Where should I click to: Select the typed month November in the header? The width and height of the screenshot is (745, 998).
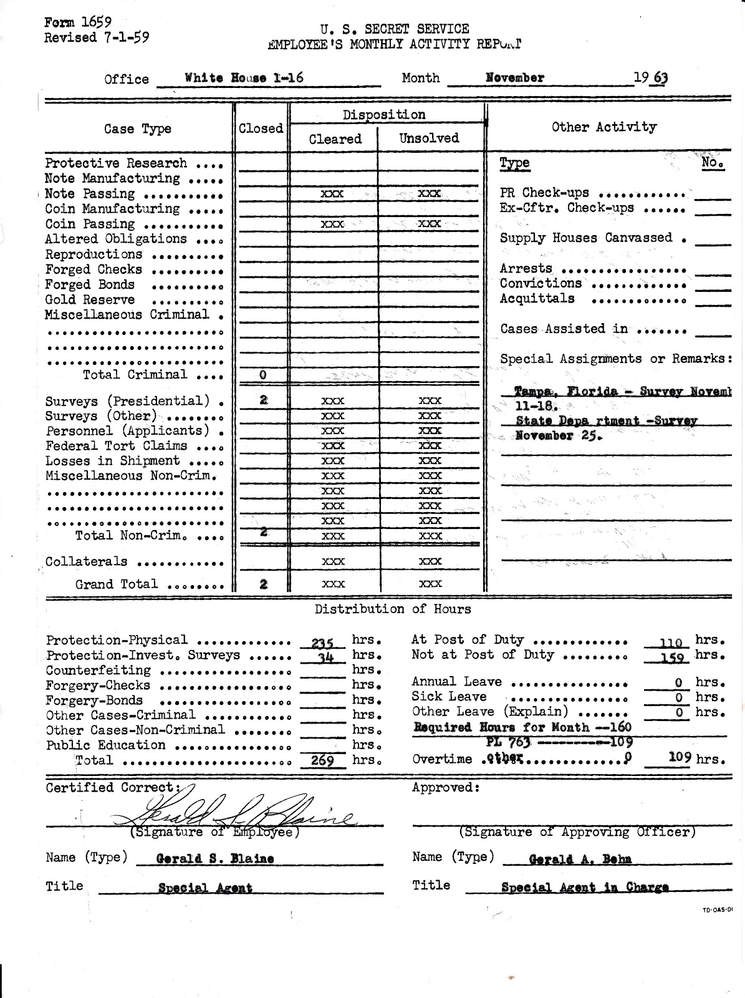[515, 78]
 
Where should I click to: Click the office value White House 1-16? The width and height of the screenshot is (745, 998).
[244, 78]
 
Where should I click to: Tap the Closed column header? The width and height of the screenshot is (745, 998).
[261, 128]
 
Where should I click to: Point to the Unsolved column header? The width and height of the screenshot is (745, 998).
[429, 138]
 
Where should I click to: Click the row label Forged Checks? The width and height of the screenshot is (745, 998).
[94, 269]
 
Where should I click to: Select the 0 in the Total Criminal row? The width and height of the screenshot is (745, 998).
[262, 375]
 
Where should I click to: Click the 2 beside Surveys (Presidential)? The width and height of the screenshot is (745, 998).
[263, 400]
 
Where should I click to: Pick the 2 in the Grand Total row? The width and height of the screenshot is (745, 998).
[263, 584]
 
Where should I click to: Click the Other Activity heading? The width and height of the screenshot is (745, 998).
[603, 127]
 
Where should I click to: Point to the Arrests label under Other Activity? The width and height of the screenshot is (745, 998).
[526, 268]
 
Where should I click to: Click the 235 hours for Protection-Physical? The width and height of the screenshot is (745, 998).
[323, 642]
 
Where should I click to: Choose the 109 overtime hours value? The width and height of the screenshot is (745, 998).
[680, 758]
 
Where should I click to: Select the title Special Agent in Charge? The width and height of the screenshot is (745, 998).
[585, 887]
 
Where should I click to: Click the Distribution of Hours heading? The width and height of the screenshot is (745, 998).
[393, 609]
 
